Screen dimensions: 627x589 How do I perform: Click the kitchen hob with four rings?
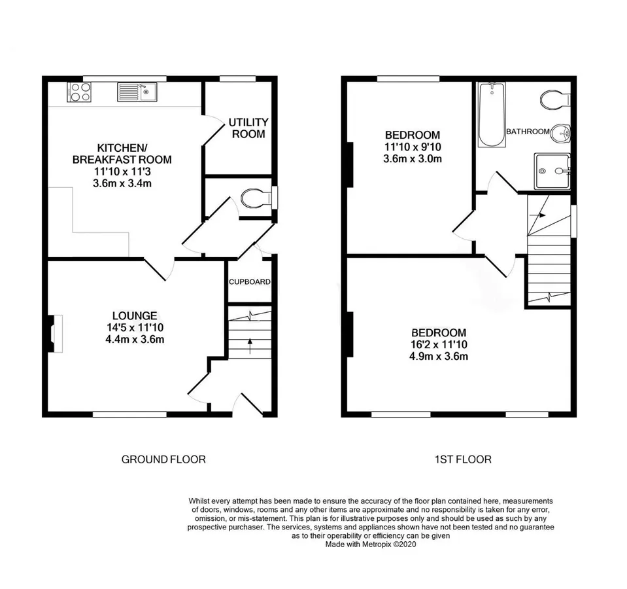coord(79,92)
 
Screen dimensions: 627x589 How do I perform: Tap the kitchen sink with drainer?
coord(137,92)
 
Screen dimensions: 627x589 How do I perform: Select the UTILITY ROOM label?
coord(248,128)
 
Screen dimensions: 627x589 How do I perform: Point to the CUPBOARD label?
coord(250,281)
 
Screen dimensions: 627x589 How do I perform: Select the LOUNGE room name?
coord(135,315)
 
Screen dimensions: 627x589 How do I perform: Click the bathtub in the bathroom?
coord(492,115)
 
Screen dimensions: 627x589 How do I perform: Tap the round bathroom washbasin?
coord(560,133)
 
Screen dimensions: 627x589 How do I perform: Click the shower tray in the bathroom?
coord(552,171)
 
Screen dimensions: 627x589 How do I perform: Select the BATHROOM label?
coord(528,132)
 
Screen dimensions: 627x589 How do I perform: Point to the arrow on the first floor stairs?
coord(537,215)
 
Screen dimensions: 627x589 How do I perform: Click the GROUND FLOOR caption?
coord(163,459)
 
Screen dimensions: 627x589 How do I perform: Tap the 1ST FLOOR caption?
coord(463,459)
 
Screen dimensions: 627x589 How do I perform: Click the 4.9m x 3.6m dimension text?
coord(439,356)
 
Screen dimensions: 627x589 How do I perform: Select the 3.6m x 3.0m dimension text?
coord(413,159)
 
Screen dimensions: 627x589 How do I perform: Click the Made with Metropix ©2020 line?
coord(371,544)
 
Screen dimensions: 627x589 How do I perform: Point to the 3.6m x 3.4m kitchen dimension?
coord(122,184)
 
